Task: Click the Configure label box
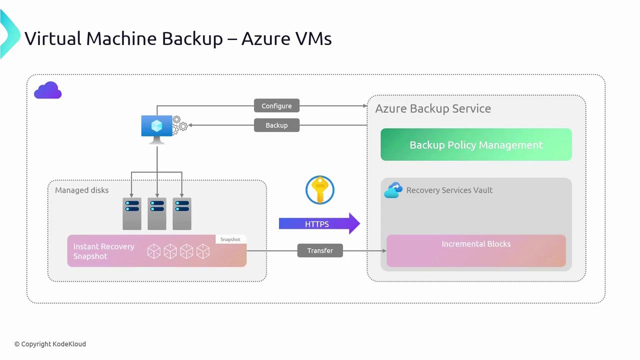pyautogui.click(x=276, y=106)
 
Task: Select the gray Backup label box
pyautogui.click(x=276, y=125)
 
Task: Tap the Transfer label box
pyautogui.click(x=320, y=250)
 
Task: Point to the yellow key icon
pyautogui.click(x=319, y=190)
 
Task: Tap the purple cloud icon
pyautogui.click(x=48, y=90)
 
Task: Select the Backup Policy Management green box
pyautogui.click(x=476, y=145)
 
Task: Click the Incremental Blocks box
pyautogui.click(x=476, y=250)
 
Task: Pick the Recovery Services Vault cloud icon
pyautogui.click(x=393, y=190)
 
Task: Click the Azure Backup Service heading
pyautogui.click(x=433, y=108)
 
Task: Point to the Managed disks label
pyautogui.click(x=81, y=190)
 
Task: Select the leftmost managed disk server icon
pyautogui.click(x=132, y=213)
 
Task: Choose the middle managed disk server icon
pyautogui.click(x=157, y=213)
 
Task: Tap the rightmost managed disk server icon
pyautogui.click(x=182, y=213)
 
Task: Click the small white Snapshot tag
pyautogui.click(x=230, y=239)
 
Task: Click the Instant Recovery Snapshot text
pyautogui.click(x=104, y=251)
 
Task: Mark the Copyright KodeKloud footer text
pyautogui.click(x=50, y=344)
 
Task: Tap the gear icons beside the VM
pyautogui.click(x=180, y=124)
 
